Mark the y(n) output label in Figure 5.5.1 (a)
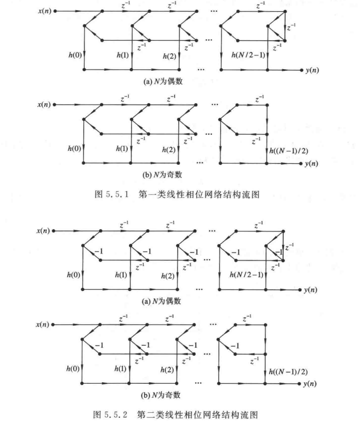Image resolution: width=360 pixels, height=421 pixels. [x=311, y=70]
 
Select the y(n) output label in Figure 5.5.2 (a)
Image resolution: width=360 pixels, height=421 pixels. [x=311, y=289]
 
